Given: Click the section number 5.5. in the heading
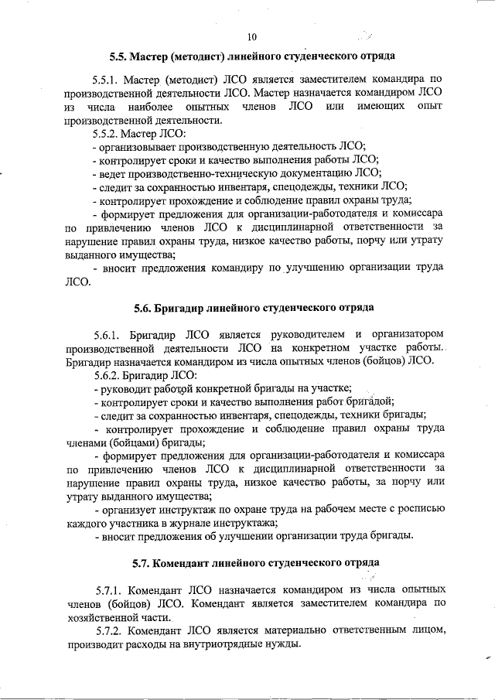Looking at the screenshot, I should (x=120, y=56).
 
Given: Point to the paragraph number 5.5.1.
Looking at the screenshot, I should (x=105, y=79).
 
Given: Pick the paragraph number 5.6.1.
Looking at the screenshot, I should (x=105, y=334).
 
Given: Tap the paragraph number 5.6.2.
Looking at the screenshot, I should (x=105, y=374).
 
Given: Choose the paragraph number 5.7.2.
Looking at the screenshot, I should (x=110, y=630).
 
